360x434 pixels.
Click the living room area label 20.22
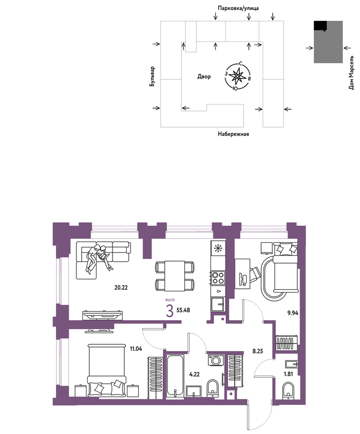pyautogui.click(x=121, y=288)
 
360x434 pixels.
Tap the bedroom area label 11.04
pyautogui.click(x=136, y=349)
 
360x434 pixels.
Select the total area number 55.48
pyautogui.click(x=183, y=310)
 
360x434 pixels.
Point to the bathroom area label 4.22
pyautogui.click(x=194, y=374)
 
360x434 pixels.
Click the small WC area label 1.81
pyautogui.click(x=288, y=374)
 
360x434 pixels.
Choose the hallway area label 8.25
pyautogui.click(x=257, y=351)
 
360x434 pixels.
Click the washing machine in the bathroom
pyautogui.click(x=216, y=360)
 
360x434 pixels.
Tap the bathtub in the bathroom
pyautogui.click(x=175, y=376)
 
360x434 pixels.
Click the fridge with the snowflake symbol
pyautogui.click(x=218, y=248)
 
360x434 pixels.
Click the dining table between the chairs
pyautogui.click(x=175, y=276)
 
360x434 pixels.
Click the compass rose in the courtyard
pyautogui.click(x=237, y=76)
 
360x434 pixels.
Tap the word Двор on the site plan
pyautogui.click(x=204, y=76)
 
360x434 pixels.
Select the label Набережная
pyautogui.click(x=233, y=134)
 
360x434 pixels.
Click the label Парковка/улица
pyautogui.click(x=238, y=8)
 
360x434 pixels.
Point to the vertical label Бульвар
pyautogui.click(x=152, y=76)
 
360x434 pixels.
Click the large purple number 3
pyautogui.click(x=170, y=311)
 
